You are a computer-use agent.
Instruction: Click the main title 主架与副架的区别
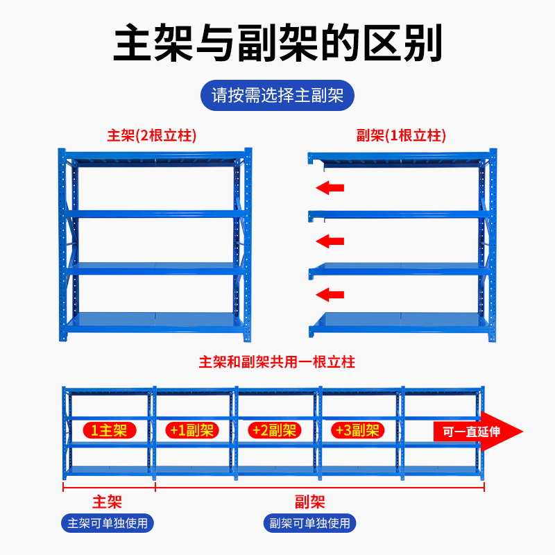(x=277, y=44)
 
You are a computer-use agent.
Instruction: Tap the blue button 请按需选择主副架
(x=277, y=95)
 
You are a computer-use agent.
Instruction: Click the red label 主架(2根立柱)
(x=152, y=135)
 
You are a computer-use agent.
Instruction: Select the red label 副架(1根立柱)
(x=401, y=135)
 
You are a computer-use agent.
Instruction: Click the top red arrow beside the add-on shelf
(x=330, y=187)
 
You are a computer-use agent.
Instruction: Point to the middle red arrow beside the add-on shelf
(x=330, y=241)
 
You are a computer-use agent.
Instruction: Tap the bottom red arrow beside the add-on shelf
(x=330, y=295)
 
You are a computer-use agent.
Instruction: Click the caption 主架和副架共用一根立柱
(x=277, y=362)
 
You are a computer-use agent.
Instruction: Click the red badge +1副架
(x=191, y=430)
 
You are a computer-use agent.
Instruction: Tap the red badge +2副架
(x=274, y=430)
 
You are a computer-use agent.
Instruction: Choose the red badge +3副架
(x=357, y=430)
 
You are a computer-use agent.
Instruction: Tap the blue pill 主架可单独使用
(x=108, y=522)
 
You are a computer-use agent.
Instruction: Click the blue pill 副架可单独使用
(x=310, y=522)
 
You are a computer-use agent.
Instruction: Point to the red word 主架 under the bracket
(x=108, y=502)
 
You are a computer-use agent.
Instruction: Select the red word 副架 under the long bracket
(x=310, y=502)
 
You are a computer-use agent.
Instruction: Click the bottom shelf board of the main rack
(x=154, y=320)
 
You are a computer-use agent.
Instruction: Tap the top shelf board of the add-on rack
(x=399, y=157)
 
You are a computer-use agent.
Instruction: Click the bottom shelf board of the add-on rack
(x=399, y=320)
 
